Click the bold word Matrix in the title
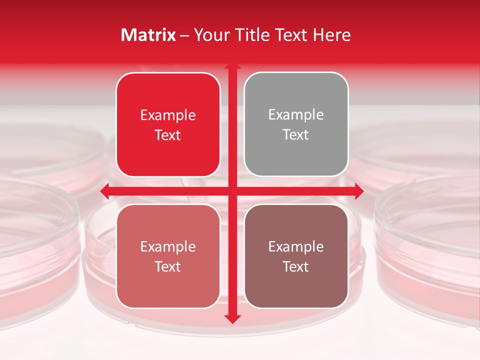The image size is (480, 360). (148, 35)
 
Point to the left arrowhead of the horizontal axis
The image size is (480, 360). (104, 191)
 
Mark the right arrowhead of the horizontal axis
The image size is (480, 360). (359, 191)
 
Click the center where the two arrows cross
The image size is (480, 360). (232, 191)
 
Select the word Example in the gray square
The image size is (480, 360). (296, 115)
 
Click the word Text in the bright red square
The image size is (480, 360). (168, 135)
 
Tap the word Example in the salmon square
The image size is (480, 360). (168, 246)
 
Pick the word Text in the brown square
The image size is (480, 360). (296, 266)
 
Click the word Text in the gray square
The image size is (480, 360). (296, 135)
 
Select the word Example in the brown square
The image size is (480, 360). (296, 246)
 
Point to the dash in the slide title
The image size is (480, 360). (185, 35)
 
